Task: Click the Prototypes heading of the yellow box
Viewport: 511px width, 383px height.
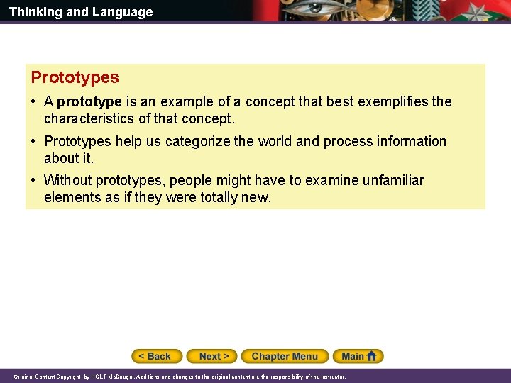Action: click(x=75, y=77)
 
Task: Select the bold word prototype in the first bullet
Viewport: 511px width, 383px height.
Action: click(x=89, y=102)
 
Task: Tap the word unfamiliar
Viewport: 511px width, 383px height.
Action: click(x=394, y=181)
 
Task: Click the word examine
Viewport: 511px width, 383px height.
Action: click(x=330, y=181)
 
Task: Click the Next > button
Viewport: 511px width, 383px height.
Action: click(x=214, y=356)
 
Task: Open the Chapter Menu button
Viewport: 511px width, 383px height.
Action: click(x=285, y=356)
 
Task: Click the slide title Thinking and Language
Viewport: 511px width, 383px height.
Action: click(x=81, y=12)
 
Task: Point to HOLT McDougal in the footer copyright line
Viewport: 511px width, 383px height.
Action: click(x=108, y=377)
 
